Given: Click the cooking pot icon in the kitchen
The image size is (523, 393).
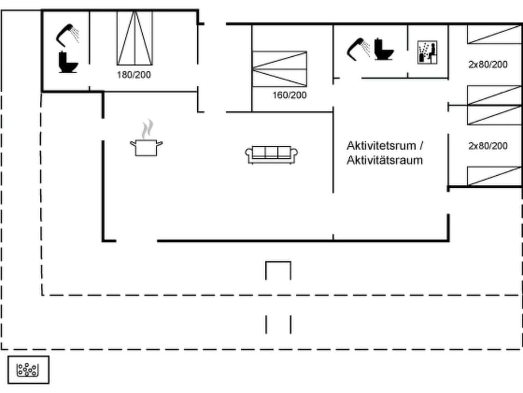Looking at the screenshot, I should point(146,147).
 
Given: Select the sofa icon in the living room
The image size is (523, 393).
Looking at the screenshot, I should point(272,154).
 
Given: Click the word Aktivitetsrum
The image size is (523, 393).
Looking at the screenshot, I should point(381,146).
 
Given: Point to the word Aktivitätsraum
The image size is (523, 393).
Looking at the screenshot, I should point(385,160).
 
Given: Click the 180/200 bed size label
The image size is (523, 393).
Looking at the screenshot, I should point(134,75).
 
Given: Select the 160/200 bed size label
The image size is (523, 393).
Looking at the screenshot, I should point(290,95).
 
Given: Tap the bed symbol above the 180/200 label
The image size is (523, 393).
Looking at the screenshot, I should point(135,38).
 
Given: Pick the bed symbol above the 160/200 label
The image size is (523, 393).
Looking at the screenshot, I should point(279,68).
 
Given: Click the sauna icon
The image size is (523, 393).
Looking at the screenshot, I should point(428,52).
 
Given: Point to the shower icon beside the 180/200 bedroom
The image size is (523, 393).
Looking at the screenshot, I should point(68,35).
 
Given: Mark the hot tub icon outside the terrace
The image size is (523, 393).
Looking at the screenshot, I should point(28,370).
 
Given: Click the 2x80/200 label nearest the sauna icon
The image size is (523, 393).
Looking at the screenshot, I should point(488,64).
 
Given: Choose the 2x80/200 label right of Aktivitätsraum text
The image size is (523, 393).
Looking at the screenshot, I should point(488,146).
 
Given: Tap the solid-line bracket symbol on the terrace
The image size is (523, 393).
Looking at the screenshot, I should point(278,270).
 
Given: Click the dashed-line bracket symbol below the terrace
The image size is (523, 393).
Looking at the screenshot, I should point(278,324).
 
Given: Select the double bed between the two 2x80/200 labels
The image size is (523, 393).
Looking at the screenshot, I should point(494,105).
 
